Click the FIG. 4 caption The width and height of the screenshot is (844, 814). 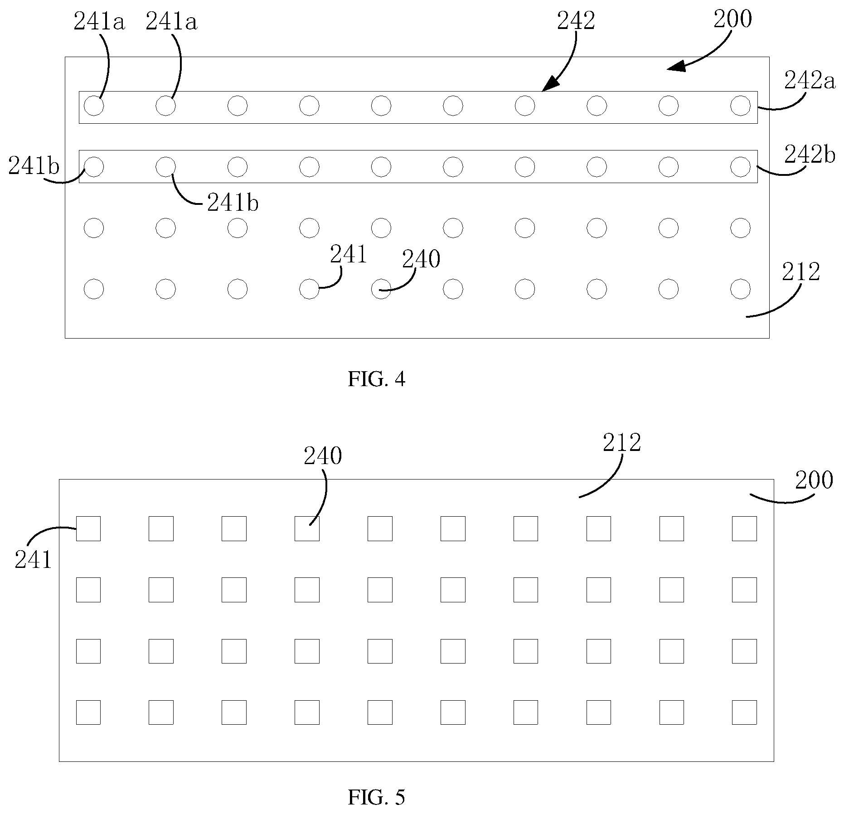point(376,379)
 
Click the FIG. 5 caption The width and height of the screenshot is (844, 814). point(376,797)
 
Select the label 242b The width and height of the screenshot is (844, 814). point(810,155)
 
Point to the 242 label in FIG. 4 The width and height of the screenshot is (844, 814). point(576,21)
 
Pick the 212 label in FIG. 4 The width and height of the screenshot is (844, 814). point(801,272)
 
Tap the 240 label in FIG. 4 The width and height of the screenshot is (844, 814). point(422,260)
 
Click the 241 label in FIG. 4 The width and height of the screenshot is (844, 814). point(349,254)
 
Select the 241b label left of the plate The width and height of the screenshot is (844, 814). point(34,166)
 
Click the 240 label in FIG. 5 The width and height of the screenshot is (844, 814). point(323,456)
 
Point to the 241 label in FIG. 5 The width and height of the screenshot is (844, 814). point(33,560)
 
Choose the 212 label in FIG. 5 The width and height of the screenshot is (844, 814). point(622,442)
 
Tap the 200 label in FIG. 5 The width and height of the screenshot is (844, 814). point(814,480)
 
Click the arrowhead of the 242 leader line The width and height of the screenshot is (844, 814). point(549,84)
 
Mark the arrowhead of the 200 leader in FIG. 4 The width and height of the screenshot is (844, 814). point(675,67)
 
